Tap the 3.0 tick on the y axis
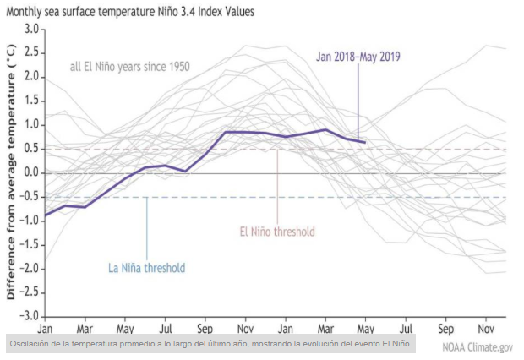pyautogui.click(x=31, y=30)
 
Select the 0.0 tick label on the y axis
pyautogui.click(x=31, y=172)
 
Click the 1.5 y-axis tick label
pyautogui.click(x=31, y=101)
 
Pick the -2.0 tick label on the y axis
pyautogui.click(x=29, y=268)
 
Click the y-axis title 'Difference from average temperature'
pyautogui.click(x=11, y=172)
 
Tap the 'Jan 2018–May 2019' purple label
pyautogui.click(x=358, y=57)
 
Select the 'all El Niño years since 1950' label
pyautogui.click(x=130, y=66)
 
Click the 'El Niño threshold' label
pyautogui.click(x=276, y=231)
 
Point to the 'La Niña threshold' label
pyautogui.click(x=146, y=268)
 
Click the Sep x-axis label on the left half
pyautogui.click(x=205, y=327)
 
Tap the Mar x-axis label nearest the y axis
pyautogui.click(x=84, y=327)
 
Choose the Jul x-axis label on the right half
pyautogui.click(x=407, y=327)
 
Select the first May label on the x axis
pyautogui.click(x=124, y=327)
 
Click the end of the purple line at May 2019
pyautogui.click(x=365, y=142)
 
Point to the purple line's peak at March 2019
pyautogui.click(x=325, y=129)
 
